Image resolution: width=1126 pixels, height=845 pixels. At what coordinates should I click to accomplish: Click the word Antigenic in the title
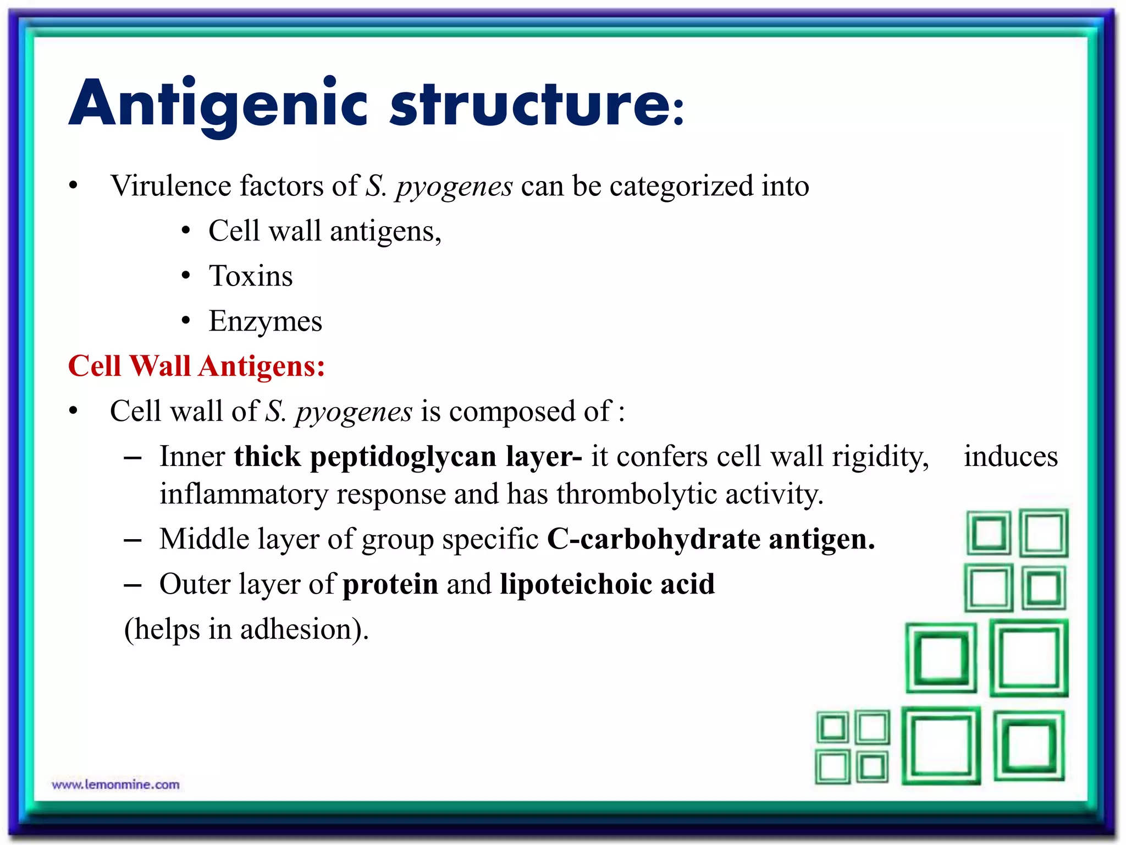click(x=218, y=105)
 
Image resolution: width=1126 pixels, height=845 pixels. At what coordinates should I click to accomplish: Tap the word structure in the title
click(x=530, y=105)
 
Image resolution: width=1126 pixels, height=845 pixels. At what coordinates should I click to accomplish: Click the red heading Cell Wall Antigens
click(x=196, y=366)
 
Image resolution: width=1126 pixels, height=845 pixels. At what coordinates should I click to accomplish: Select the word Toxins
click(x=251, y=276)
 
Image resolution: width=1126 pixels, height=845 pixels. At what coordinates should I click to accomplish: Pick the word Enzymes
click(x=266, y=321)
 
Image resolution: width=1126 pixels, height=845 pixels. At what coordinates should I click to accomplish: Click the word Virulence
click(x=170, y=185)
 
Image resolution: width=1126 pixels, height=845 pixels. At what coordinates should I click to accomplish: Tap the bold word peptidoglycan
click(x=403, y=457)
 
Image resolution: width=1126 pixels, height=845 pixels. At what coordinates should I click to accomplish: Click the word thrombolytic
click(x=636, y=493)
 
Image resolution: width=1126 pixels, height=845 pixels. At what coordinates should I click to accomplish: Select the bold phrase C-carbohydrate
click(x=654, y=539)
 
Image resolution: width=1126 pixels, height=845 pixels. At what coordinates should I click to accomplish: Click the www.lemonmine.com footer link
click(x=115, y=784)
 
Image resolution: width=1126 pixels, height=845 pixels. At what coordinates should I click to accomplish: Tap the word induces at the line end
click(x=1011, y=457)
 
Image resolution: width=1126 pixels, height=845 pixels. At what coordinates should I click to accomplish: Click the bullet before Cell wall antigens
click(x=186, y=231)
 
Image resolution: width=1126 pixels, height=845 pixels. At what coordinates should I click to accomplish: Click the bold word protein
click(x=390, y=584)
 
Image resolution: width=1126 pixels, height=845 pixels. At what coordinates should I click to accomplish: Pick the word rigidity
click(x=880, y=457)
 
